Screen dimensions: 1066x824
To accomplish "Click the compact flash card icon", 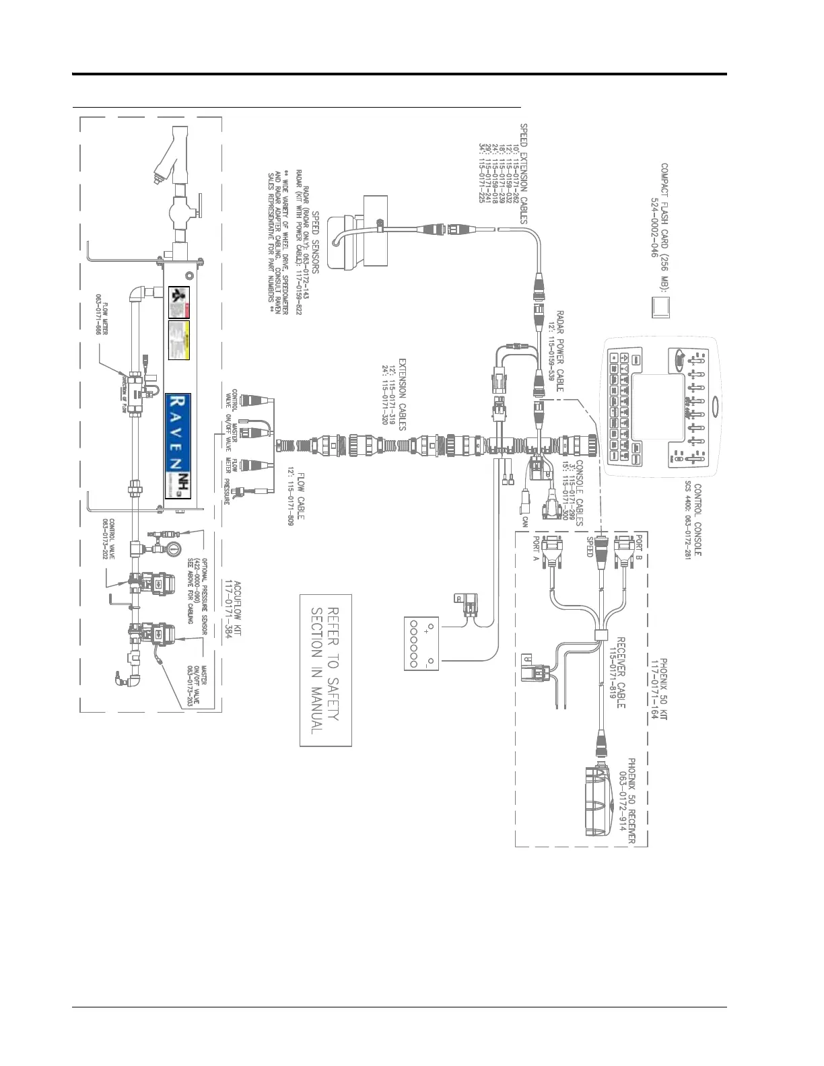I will tap(662, 307).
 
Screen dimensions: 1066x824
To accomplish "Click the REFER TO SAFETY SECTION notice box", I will tap(326, 670).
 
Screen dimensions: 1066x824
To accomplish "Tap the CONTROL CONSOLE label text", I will tap(698, 520).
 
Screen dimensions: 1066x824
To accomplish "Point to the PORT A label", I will tap(537, 549).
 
